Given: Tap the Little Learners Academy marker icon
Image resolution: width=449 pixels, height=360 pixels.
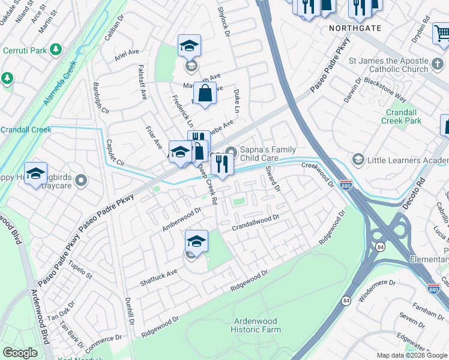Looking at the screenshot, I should point(358,160).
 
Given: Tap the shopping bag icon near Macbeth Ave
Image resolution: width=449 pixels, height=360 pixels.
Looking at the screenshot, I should point(205,94).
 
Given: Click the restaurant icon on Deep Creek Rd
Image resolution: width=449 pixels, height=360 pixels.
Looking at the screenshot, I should point(221,164).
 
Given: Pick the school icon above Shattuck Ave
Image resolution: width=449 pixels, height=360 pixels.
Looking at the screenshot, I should point(196,241).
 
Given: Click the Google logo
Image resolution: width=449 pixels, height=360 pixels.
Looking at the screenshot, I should point(20,353).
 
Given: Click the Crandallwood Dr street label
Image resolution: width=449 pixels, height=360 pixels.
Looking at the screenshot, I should point(256,223).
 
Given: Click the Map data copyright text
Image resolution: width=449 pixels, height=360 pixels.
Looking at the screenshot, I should point(412,355).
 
